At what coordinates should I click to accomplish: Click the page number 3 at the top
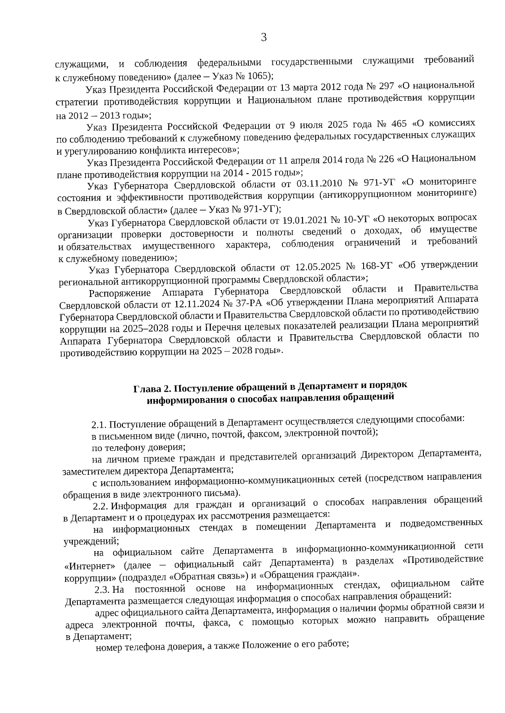[264, 38]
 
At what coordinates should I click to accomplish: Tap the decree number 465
[399, 124]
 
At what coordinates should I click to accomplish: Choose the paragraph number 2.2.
[101, 505]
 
